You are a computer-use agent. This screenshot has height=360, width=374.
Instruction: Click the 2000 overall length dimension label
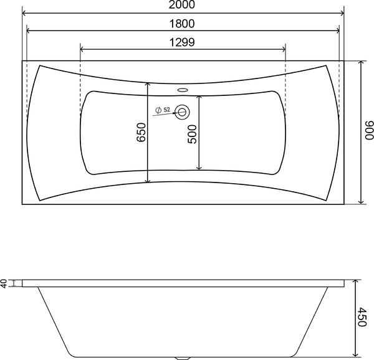click(182, 4)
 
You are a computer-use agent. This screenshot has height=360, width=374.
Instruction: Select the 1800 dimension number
click(182, 24)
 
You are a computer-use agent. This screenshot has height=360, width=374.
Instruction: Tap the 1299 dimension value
click(182, 42)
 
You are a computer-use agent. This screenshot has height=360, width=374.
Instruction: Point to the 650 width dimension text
click(141, 132)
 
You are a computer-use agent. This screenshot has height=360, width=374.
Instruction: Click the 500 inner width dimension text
click(192, 134)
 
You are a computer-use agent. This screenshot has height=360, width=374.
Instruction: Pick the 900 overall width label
click(369, 130)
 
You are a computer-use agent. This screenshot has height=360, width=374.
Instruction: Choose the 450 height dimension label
click(362, 317)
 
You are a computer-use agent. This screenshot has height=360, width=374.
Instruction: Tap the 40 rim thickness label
click(4, 283)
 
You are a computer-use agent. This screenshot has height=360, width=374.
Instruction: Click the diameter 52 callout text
click(163, 110)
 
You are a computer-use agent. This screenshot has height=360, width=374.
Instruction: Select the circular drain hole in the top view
click(182, 111)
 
